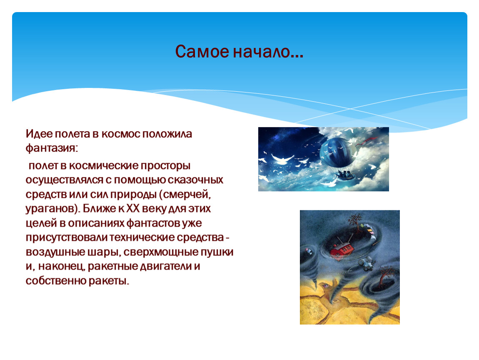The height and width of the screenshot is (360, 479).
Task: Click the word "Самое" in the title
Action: pyautogui.click(x=202, y=51)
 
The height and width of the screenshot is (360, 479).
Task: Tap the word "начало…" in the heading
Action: pyautogui.click(x=268, y=51)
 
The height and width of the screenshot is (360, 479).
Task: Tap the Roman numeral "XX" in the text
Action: pyautogui.click(x=133, y=208)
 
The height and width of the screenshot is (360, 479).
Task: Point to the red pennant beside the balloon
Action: pyautogui.click(x=369, y=140)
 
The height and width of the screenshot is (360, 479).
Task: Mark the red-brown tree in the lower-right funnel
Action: pyautogui.click(x=386, y=277)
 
